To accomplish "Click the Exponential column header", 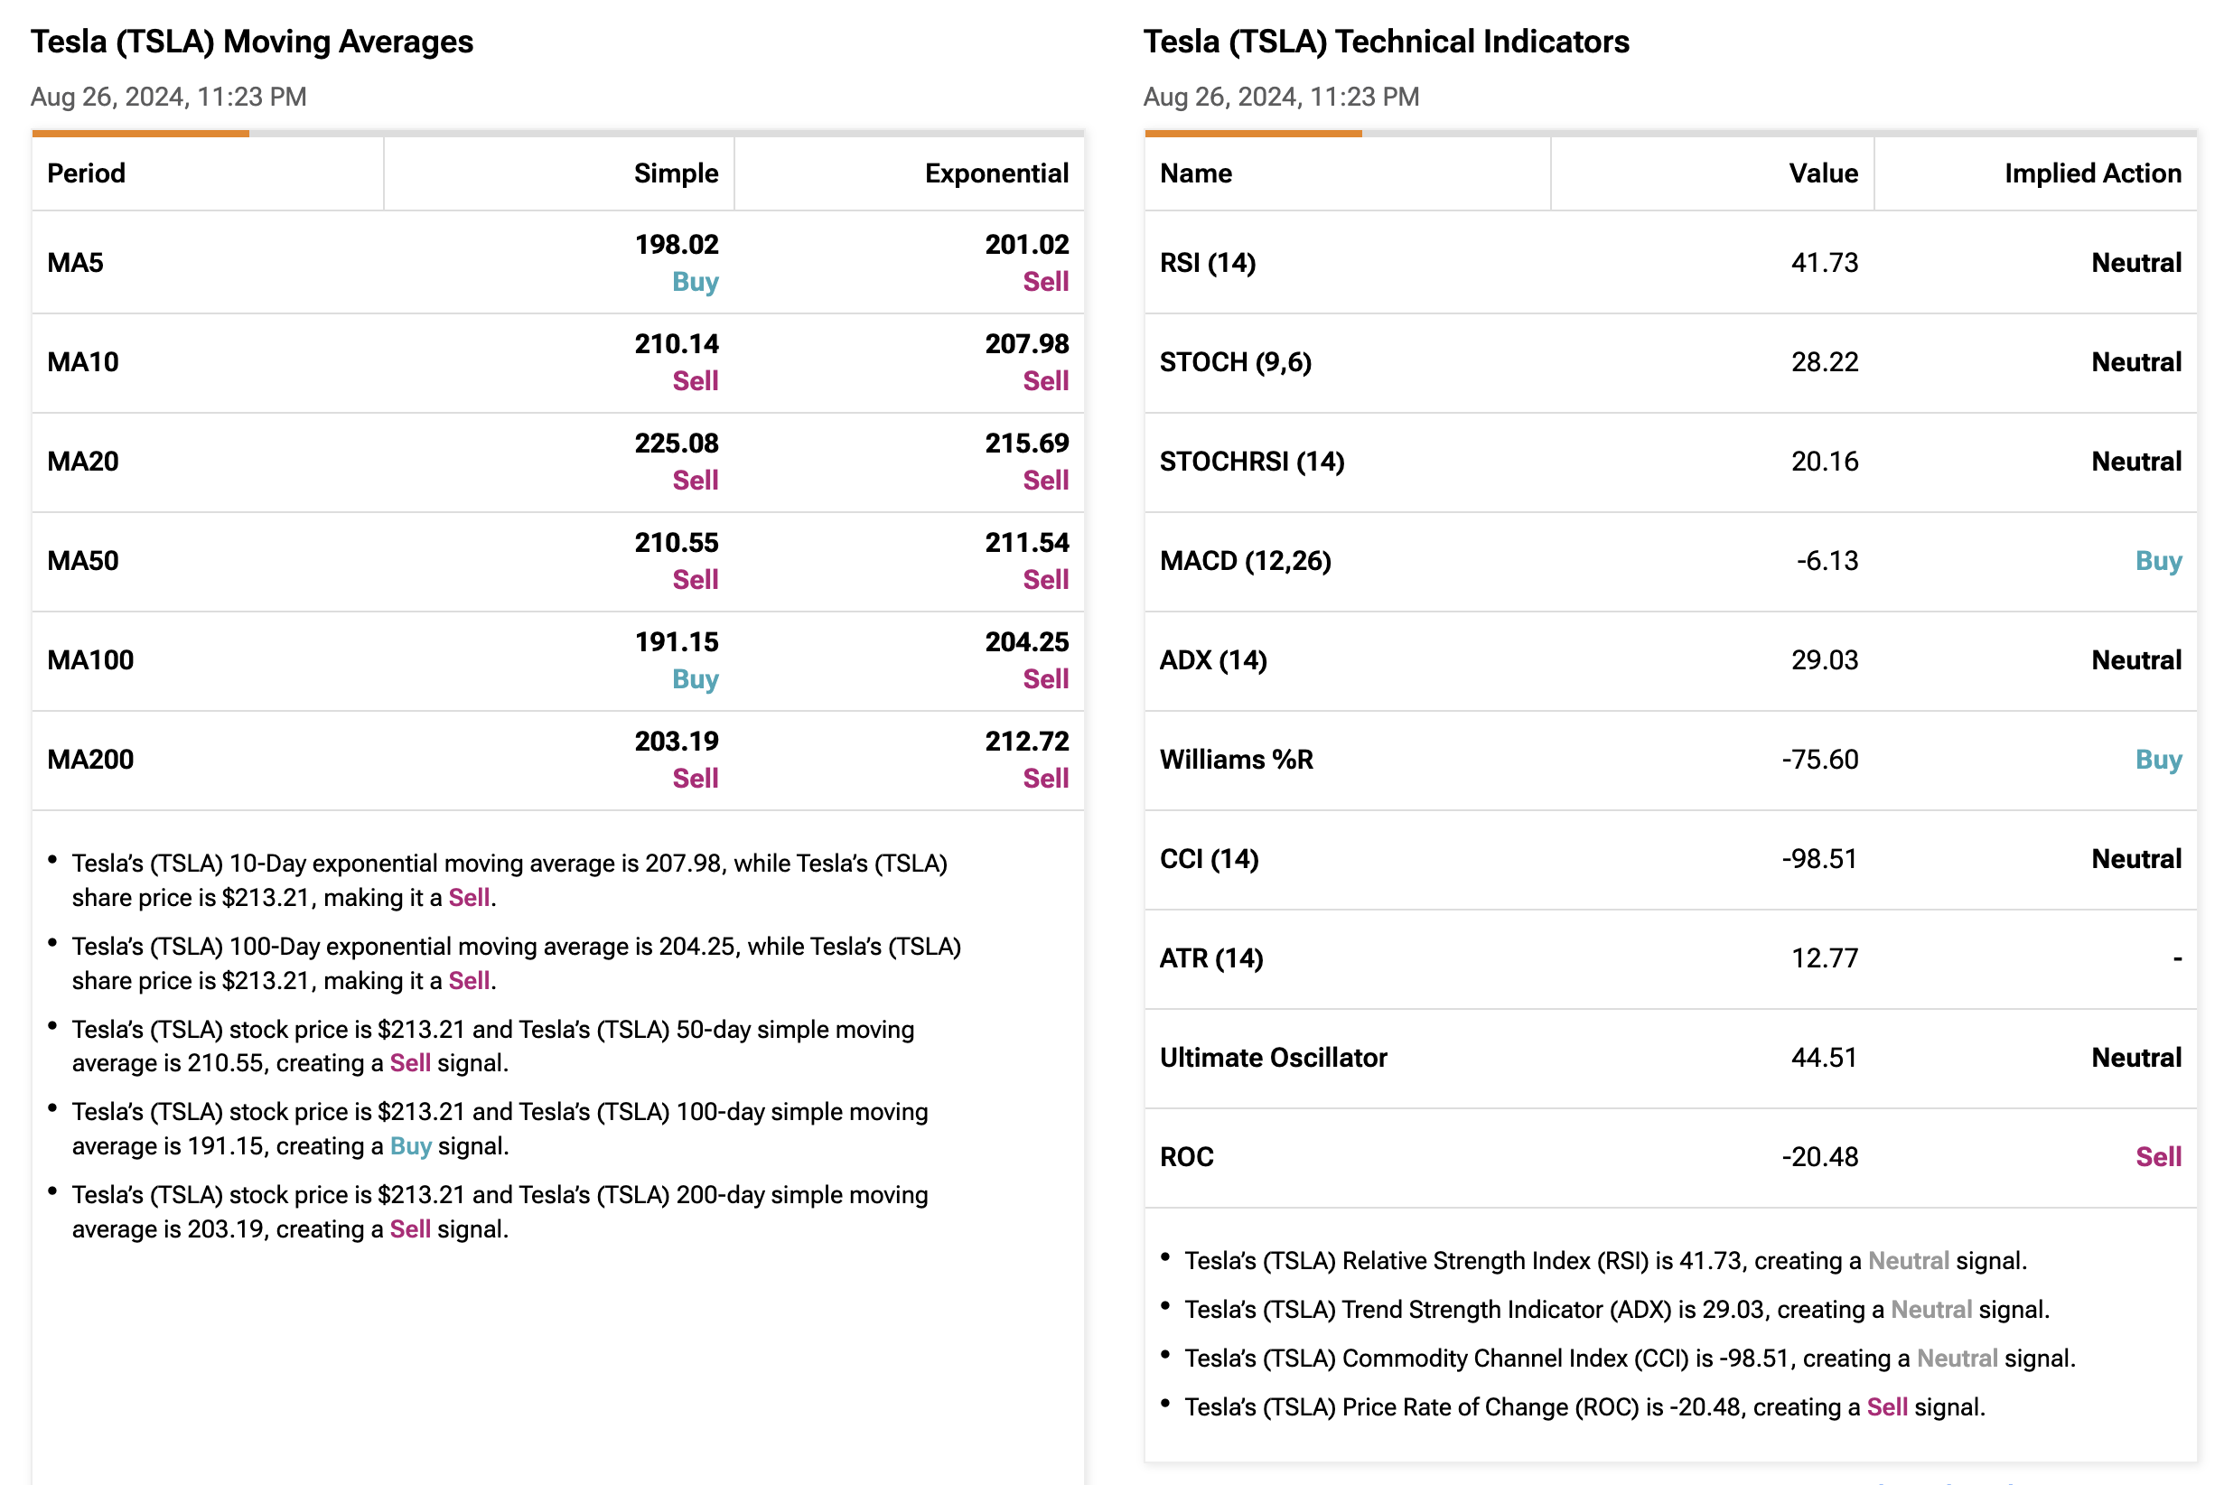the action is [995, 173].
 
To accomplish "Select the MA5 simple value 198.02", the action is [677, 245].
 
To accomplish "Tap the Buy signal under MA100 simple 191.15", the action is [696, 679].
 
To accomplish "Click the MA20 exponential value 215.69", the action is [1027, 444].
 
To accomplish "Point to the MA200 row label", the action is [91, 760].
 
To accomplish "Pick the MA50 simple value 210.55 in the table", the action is [677, 543].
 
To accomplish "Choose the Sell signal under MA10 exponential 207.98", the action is [1046, 380].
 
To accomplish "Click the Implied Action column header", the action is [2092, 173].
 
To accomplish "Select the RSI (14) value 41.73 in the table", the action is [1825, 262].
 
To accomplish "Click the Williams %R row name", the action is [1236, 760].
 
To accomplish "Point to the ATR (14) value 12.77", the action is [1825, 958].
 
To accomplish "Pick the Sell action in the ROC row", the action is [2159, 1157].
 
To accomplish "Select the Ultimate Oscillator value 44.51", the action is [1825, 1058].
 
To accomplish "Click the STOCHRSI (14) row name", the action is [1252, 462].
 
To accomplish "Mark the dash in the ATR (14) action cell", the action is [2177, 959].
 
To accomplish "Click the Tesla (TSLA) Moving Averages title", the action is [252, 42].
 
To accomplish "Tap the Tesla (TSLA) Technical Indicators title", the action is [1387, 42].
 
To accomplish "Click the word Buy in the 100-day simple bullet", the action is [411, 1147].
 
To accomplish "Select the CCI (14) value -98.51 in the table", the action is [1819, 859].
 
